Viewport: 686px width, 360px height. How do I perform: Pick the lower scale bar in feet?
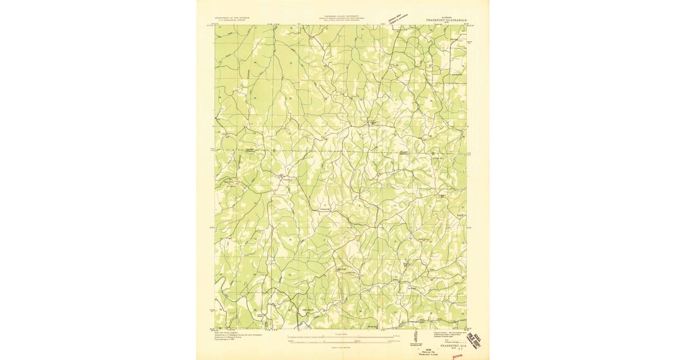pyautogui.click(x=341, y=342)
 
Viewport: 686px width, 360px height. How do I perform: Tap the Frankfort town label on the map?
pyautogui.click(x=281, y=178)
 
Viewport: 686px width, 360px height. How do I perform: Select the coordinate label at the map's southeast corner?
pyautogui.click(x=470, y=329)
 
